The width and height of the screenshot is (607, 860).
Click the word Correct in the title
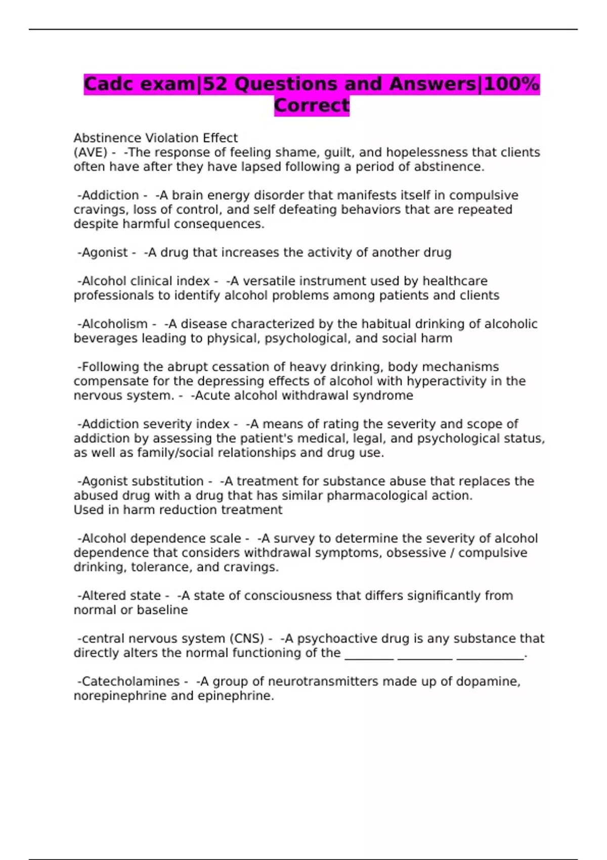312,105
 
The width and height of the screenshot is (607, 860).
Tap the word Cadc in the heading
110,84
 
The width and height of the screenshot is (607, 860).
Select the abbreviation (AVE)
91,152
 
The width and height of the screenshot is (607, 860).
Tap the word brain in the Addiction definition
187,195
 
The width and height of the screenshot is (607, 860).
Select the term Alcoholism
115,324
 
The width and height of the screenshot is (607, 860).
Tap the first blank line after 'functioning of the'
369,656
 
